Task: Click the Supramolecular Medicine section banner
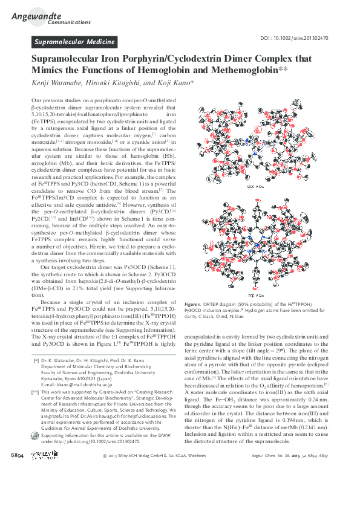74,42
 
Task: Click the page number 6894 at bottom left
18,488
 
